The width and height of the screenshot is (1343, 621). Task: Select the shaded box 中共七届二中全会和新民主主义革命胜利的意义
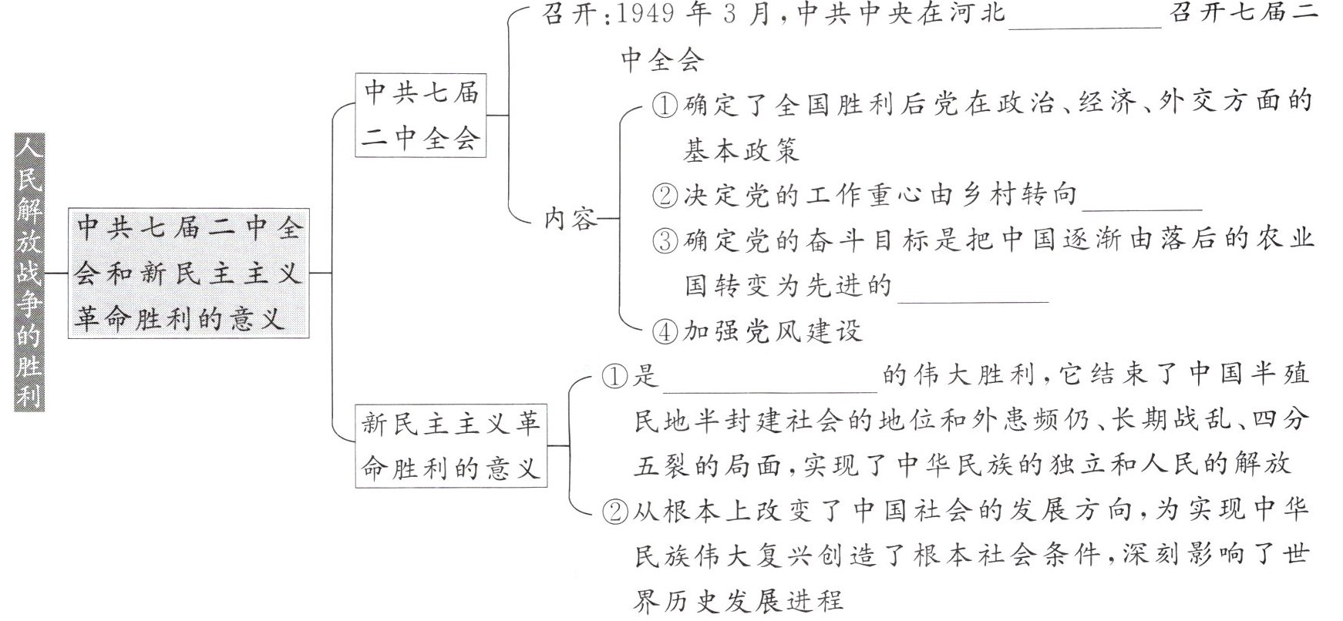[189, 273]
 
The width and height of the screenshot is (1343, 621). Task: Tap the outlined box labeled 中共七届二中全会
[421, 115]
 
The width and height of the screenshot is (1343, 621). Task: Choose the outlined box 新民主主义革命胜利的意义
[451, 445]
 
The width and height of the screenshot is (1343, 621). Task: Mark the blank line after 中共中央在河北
[1084, 20]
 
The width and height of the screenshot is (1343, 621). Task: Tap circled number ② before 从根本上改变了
[614, 511]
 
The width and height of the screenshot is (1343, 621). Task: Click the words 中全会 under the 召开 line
[662, 59]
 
